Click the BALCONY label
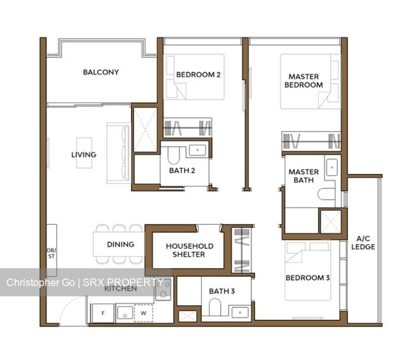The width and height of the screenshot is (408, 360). [x=101, y=72]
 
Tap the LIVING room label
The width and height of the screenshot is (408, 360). [x=83, y=154]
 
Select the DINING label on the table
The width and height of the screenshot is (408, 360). [x=120, y=244]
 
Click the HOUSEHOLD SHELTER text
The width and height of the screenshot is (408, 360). [x=190, y=250]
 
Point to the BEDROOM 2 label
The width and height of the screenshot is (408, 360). [x=198, y=75]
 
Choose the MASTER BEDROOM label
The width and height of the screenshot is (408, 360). [x=303, y=81]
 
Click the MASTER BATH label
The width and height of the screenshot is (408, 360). [x=303, y=176]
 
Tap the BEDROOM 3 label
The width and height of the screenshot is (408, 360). [x=307, y=278]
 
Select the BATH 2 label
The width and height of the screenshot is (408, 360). [x=181, y=170]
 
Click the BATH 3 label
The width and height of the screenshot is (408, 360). [x=222, y=291]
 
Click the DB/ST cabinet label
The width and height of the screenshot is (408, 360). [x=52, y=252]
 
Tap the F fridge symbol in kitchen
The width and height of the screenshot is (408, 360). [x=103, y=313]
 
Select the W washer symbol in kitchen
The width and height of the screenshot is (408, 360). [x=143, y=313]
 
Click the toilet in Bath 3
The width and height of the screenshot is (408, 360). [x=213, y=309]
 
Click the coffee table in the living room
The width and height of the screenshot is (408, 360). [x=85, y=153]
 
